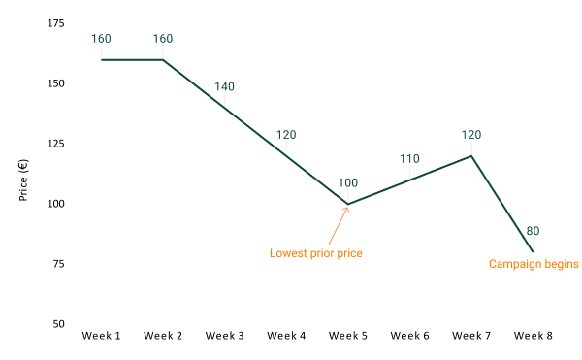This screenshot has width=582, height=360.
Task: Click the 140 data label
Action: pyautogui.click(x=224, y=86)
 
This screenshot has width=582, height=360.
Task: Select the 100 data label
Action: pyautogui.click(x=347, y=182)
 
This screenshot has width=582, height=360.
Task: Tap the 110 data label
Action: pyautogui.click(x=409, y=158)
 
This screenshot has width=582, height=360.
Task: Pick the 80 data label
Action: pyautogui.click(x=533, y=231)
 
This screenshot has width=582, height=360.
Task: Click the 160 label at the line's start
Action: pyautogui.click(x=101, y=39)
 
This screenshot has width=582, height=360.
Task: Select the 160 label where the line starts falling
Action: pyautogui.click(x=163, y=39)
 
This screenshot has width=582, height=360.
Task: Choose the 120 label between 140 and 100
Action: pyautogui.click(x=286, y=135)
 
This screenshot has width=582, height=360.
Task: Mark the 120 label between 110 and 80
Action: pyautogui.click(x=471, y=134)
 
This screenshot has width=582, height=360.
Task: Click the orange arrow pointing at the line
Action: pyautogui.click(x=338, y=225)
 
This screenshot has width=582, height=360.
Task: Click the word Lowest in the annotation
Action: pyautogui.click(x=288, y=254)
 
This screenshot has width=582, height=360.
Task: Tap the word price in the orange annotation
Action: pyautogui.click(x=348, y=254)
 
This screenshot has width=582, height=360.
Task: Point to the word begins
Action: pyautogui.click(x=561, y=264)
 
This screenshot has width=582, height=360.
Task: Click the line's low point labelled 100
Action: pyautogui.click(x=348, y=204)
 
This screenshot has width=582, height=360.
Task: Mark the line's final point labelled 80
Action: pyautogui.click(x=533, y=251)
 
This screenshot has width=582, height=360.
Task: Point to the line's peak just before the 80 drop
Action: pyautogui.click(x=471, y=156)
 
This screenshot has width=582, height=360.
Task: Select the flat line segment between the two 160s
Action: pyautogui.click(x=132, y=60)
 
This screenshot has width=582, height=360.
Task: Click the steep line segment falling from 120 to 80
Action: pyautogui.click(x=502, y=204)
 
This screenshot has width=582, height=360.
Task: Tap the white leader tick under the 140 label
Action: pyautogui.click(x=224, y=99)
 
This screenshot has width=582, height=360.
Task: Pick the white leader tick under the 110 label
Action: pyautogui.click(x=409, y=172)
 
